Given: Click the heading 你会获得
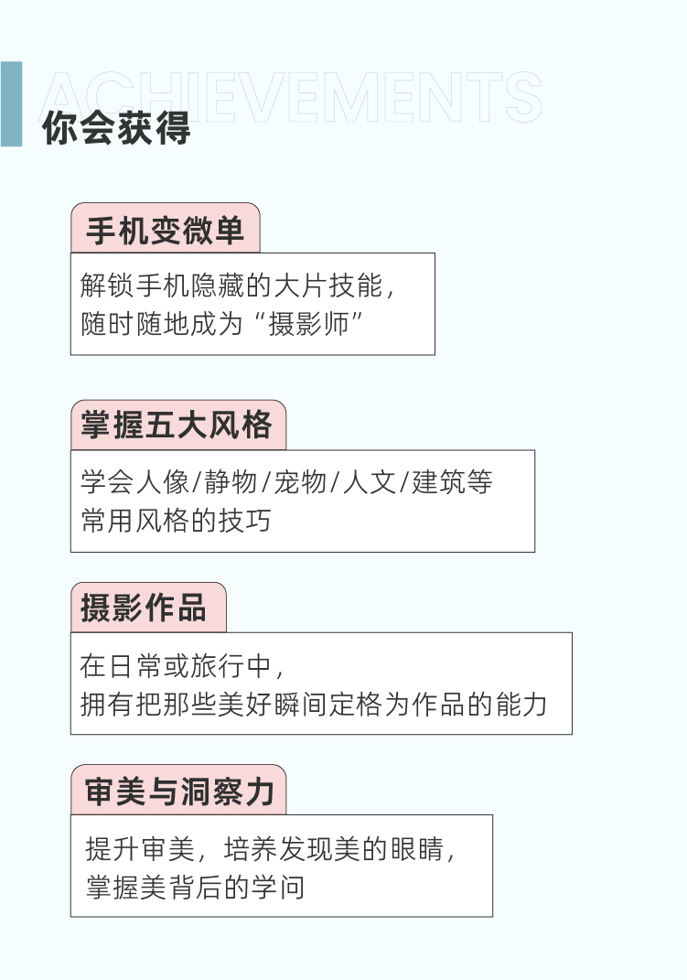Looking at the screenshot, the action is coord(116,129).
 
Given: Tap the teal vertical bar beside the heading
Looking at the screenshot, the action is coord(11,103).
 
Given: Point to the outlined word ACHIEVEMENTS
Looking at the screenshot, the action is coord(293,96).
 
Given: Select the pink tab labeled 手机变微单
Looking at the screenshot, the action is coord(166,229).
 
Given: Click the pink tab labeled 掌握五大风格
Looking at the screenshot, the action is coord(177,425).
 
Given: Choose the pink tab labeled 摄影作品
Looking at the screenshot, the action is coord(146,608).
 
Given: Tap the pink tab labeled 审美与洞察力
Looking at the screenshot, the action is coord(179,791).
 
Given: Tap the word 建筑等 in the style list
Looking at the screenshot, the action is coord(452,482).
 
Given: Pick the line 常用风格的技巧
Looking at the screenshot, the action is coord(176,521).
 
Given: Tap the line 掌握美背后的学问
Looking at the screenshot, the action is coord(195,887).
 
